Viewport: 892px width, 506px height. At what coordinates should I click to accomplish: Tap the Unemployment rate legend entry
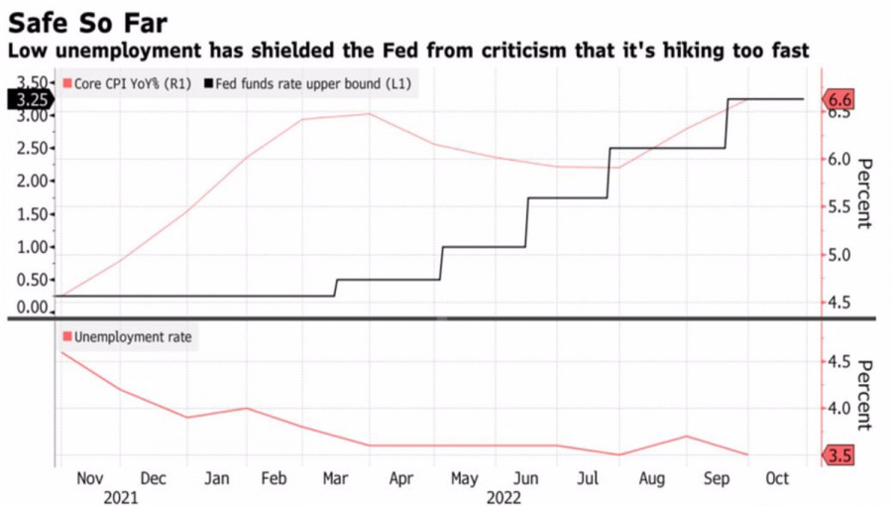133,337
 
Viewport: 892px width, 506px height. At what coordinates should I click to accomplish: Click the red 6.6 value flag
838,100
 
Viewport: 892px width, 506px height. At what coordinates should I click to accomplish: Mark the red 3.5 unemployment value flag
838,455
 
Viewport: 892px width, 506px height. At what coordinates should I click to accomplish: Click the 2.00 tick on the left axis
33,181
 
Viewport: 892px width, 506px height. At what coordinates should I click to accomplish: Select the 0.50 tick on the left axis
33,279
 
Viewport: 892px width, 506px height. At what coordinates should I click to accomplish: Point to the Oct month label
777,478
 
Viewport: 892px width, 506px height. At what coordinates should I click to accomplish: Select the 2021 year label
120,496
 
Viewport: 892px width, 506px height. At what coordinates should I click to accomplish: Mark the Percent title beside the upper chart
862,192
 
